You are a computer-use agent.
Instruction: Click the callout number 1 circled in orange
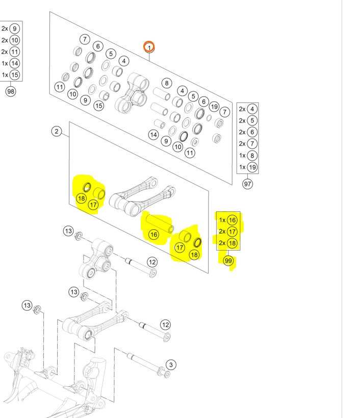coord(149,47)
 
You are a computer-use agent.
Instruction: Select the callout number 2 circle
coord(57,132)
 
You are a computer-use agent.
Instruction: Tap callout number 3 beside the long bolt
coord(171,364)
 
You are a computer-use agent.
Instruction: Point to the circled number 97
coord(248,184)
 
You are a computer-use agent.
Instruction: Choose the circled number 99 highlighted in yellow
coord(228,260)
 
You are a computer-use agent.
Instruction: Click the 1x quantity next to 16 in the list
coord(222,220)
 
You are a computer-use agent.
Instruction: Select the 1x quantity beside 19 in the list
coord(242,167)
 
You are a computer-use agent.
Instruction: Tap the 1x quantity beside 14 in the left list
coord(5,63)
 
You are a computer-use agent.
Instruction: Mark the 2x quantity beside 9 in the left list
coord(5,29)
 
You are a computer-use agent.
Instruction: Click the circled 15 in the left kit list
coord(15,75)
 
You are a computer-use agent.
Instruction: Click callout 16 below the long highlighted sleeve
coord(153,234)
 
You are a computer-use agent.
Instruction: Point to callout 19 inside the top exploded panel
coord(214,106)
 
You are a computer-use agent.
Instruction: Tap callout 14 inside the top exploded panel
coord(153,135)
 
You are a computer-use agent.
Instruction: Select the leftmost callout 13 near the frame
coord(27,305)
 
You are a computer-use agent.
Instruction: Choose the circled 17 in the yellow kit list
coord(233,231)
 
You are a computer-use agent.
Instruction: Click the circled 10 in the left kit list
coord(15,40)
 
